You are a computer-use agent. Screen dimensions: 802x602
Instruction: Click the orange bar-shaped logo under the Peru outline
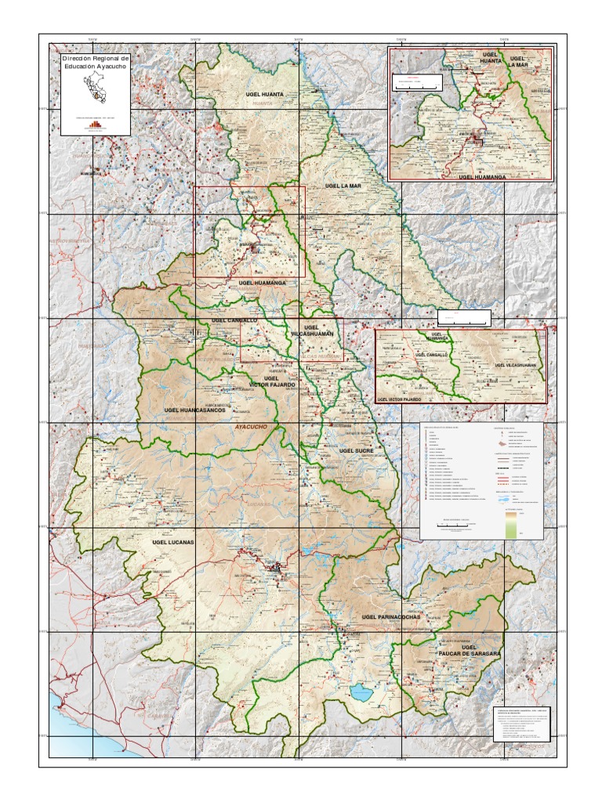click(95, 124)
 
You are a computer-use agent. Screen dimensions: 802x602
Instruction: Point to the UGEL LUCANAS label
click(172, 541)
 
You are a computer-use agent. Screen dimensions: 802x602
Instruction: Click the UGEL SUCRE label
click(356, 451)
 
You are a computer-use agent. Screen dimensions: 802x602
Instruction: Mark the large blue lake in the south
click(362, 692)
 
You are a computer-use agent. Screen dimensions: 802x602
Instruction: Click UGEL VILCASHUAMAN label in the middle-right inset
click(515, 365)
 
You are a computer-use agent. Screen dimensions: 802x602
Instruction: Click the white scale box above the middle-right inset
click(463, 317)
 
